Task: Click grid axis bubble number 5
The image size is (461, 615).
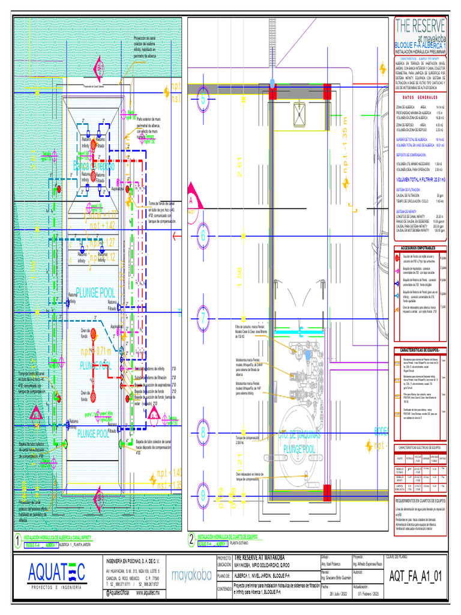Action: (x=203, y=100)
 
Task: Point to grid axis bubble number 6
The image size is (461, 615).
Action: (x=203, y=235)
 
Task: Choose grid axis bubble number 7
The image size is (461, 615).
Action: (x=203, y=318)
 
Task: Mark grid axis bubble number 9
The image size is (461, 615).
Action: (x=203, y=496)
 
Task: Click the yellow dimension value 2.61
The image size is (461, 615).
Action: (x=239, y=172)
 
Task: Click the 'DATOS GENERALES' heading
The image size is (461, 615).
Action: (x=420, y=98)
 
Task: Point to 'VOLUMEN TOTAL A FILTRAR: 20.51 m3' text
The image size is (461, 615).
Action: (x=420, y=180)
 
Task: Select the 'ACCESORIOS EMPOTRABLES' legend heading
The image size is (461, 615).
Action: (x=420, y=247)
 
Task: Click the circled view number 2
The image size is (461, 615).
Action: (x=191, y=539)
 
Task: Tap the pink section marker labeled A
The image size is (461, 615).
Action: (x=192, y=202)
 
